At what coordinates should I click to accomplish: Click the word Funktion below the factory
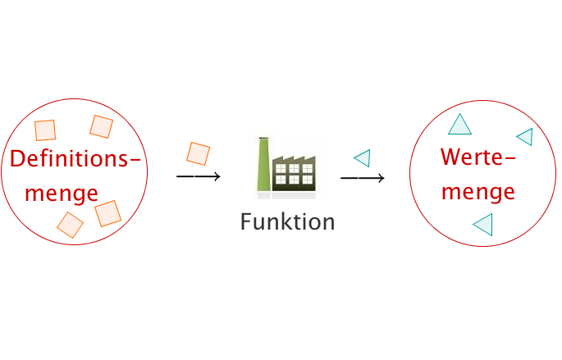[x=287, y=221]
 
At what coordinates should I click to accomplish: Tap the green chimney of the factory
[x=263, y=164]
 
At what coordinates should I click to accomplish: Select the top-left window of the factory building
[x=281, y=168]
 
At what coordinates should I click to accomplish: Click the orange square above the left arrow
[x=198, y=153]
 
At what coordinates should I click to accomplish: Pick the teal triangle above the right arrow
[x=363, y=158]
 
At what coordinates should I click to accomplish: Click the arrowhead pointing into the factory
[x=217, y=176]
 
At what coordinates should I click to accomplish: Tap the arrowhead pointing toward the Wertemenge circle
[x=381, y=178]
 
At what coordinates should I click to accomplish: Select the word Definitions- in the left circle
[x=75, y=159]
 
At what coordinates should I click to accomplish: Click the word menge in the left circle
[x=62, y=194]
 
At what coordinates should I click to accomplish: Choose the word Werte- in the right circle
[x=477, y=157]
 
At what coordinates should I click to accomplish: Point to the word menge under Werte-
[x=478, y=192]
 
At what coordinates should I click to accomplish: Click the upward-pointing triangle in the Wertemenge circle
[x=459, y=125]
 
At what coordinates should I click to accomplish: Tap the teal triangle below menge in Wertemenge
[x=483, y=225]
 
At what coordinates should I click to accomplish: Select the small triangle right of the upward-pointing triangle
[x=525, y=137]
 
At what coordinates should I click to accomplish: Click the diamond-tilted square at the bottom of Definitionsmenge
[x=71, y=225]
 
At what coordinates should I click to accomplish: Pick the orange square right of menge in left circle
[x=107, y=213]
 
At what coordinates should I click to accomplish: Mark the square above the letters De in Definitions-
[x=45, y=130]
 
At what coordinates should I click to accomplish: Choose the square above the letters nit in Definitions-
[x=102, y=126]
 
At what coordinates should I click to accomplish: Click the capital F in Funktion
[x=246, y=221]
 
